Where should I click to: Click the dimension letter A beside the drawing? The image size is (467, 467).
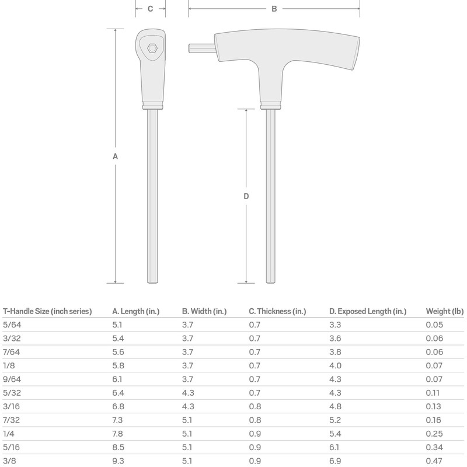click(x=115, y=156)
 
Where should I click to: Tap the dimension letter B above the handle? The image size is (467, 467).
click(x=274, y=9)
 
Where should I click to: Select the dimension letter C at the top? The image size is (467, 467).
click(x=151, y=9)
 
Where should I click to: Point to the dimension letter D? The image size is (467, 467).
click(x=246, y=197)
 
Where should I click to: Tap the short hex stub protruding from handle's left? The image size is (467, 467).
click(x=200, y=47)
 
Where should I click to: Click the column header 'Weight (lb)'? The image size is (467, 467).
click(x=444, y=312)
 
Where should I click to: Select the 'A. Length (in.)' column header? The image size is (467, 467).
click(x=135, y=312)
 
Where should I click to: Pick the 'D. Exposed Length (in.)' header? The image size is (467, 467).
click(x=367, y=312)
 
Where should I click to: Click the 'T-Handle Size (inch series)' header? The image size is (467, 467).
click(x=47, y=312)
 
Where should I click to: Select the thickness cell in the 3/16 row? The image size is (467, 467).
click(x=254, y=405)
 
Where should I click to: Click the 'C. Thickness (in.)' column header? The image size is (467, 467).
click(x=277, y=312)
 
